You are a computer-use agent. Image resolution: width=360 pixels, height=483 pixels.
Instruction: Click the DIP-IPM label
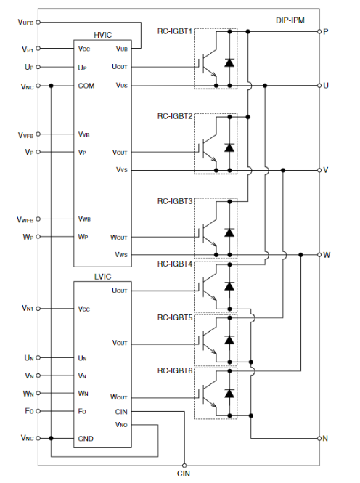(290, 20)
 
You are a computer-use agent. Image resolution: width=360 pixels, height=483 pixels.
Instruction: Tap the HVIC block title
(103, 35)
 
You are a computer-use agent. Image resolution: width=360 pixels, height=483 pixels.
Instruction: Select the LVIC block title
(103, 277)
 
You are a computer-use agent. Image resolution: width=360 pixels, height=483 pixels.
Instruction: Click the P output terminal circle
(319, 31)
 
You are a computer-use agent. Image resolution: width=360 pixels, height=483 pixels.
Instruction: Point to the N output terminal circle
(319, 438)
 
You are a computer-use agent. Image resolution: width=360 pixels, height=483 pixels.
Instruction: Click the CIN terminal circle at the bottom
(184, 466)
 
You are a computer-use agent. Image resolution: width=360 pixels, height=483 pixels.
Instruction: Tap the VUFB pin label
(25, 23)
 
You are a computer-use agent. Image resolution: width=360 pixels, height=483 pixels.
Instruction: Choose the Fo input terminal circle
(38, 411)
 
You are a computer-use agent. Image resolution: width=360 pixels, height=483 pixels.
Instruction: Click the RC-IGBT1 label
(175, 31)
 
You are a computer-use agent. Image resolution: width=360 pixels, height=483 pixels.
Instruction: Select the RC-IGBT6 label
(175, 370)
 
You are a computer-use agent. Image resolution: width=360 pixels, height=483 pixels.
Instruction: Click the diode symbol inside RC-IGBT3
(229, 232)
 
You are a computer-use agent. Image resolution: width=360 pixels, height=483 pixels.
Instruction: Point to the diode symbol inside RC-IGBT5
(229, 340)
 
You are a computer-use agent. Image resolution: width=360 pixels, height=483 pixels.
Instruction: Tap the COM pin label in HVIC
(86, 86)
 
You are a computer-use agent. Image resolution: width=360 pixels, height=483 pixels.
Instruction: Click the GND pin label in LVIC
(86, 439)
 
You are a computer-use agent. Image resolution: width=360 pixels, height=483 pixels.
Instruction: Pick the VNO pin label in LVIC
(121, 425)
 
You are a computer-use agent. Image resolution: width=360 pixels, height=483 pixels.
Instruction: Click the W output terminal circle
(319, 255)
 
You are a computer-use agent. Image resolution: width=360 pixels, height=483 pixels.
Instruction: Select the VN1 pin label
(28, 308)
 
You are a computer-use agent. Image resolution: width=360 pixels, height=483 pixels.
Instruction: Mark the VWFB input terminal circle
(38, 219)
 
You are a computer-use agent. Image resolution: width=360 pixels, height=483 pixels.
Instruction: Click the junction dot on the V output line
(283, 171)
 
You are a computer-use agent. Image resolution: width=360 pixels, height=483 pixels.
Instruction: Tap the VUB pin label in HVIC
(121, 49)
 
